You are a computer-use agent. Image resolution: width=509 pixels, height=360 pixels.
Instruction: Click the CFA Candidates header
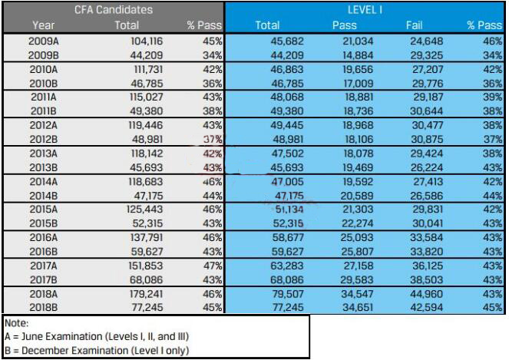click(113, 10)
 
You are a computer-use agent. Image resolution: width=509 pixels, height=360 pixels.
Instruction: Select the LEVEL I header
click(365, 10)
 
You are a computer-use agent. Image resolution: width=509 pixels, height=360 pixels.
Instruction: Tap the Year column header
click(43, 25)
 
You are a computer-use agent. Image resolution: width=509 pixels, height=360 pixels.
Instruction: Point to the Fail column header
click(413, 25)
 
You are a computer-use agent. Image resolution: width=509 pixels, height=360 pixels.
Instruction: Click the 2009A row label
click(43, 41)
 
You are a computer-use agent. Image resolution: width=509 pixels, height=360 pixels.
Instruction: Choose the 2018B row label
click(43, 307)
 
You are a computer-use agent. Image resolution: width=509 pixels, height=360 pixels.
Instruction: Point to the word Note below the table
click(16, 324)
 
